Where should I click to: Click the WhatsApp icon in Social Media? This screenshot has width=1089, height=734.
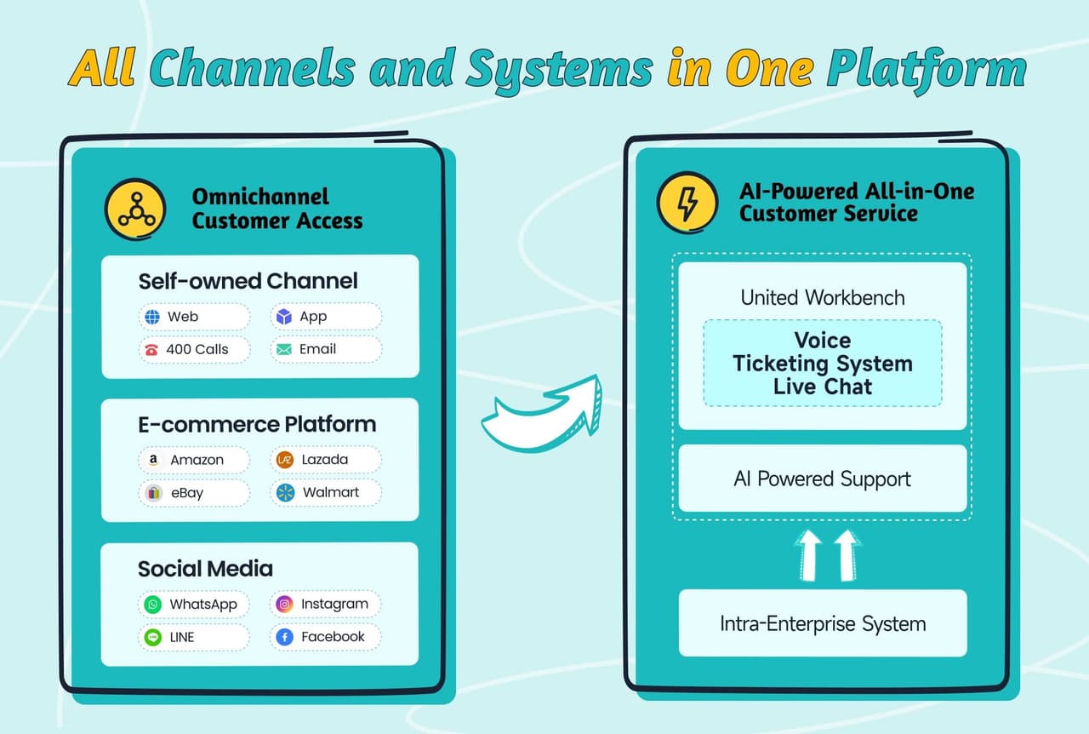tap(153, 605)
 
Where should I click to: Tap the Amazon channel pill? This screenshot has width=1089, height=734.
tap(195, 460)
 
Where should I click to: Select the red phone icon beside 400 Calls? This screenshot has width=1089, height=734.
tap(152, 349)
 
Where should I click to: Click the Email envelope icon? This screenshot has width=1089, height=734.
tap(284, 349)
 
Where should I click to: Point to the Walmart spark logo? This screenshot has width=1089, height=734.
tap(286, 492)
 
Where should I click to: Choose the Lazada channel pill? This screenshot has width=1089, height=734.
tap(326, 460)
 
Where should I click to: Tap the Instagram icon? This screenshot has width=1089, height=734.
tap(284, 604)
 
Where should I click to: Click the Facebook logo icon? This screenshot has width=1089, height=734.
tap(285, 637)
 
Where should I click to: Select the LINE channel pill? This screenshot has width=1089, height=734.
tap(195, 637)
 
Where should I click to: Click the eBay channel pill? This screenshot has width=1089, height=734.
tap(195, 492)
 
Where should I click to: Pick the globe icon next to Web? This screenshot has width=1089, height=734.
tap(152, 317)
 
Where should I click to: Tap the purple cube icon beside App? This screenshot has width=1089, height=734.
tap(284, 317)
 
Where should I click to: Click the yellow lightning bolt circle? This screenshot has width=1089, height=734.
tap(687, 204)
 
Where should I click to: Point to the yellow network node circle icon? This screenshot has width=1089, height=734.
tap(135, 209)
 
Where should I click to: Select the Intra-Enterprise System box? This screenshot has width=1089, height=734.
tap(823, 623)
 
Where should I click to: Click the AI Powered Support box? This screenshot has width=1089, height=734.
tap(823, 479)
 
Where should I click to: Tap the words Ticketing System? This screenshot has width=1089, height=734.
tap(823, 364)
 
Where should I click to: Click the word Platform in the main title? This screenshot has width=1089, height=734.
tap(927, 68)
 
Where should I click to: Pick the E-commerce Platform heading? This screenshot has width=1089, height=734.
tap(257, 424)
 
